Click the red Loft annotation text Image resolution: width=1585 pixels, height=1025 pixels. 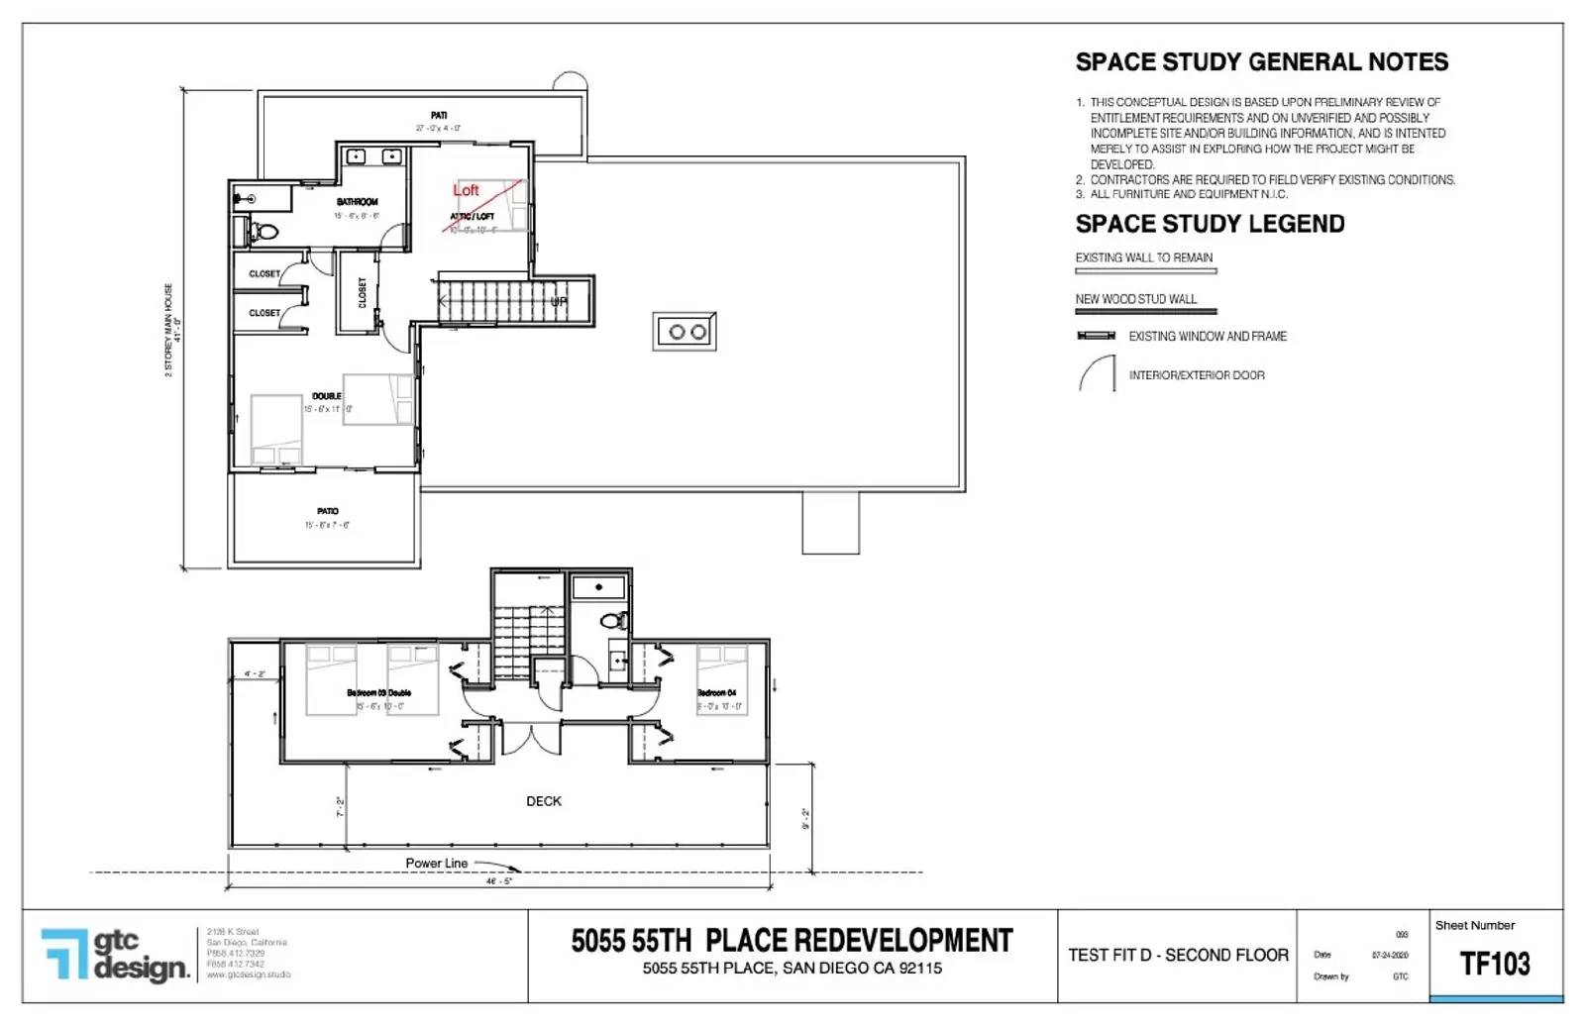466,190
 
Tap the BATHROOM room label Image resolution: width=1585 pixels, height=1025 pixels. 357,202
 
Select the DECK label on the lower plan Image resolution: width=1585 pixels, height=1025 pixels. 544,801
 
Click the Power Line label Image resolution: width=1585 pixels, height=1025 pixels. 436,864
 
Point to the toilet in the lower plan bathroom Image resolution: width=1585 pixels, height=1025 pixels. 614,621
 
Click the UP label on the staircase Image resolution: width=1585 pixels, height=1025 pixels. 559,301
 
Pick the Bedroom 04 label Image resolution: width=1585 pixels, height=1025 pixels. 716,693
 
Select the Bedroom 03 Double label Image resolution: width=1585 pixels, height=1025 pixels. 378,693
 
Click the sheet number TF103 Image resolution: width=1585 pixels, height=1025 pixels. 1495,964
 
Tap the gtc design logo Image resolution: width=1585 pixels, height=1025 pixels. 115,955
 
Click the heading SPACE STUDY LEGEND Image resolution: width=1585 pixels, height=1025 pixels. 1210,224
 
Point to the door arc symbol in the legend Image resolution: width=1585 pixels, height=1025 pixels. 1097,374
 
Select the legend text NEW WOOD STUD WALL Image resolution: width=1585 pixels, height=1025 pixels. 1135,299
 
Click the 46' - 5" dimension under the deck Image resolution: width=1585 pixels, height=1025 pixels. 498,880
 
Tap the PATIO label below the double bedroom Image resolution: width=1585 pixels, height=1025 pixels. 327,511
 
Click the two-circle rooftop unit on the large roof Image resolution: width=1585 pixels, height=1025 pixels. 686,332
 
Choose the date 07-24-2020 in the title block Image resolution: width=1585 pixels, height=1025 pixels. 1390,956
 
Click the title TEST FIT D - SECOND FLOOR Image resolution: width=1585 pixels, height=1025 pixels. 1178,956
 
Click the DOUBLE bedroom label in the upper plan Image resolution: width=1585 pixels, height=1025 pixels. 326,396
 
